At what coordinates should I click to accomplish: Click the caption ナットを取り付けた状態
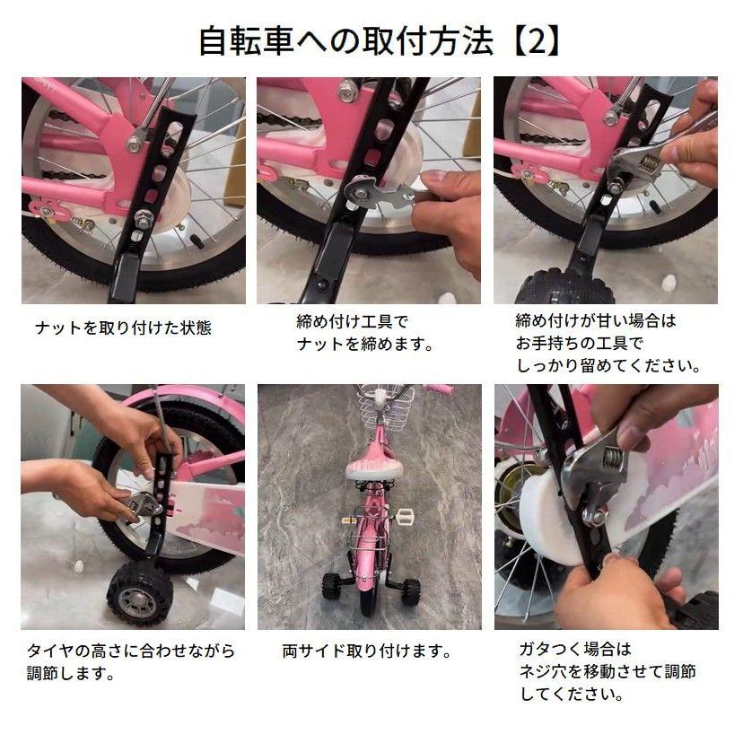pyautogui.click(x=123, y=328)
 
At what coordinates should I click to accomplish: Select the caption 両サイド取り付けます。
pyautogui.click(x=366, y=651)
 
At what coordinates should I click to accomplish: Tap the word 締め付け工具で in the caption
pyautogui.click(x=352, y=320)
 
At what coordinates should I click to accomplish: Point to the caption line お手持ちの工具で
pyautogui.click(x=580, y=343)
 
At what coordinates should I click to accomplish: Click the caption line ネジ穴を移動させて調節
pyautogui.click(x=608, y=671)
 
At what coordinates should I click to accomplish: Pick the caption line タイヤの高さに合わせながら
pyautogui.click(x=131, y=651)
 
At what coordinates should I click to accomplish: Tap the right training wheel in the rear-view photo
pyautogui.click(x=411, y=590)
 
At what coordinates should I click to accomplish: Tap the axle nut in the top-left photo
pyautogui.click(x=143, y=216)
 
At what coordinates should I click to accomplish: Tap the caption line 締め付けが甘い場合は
pyautogui.click(x=595, y=320)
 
